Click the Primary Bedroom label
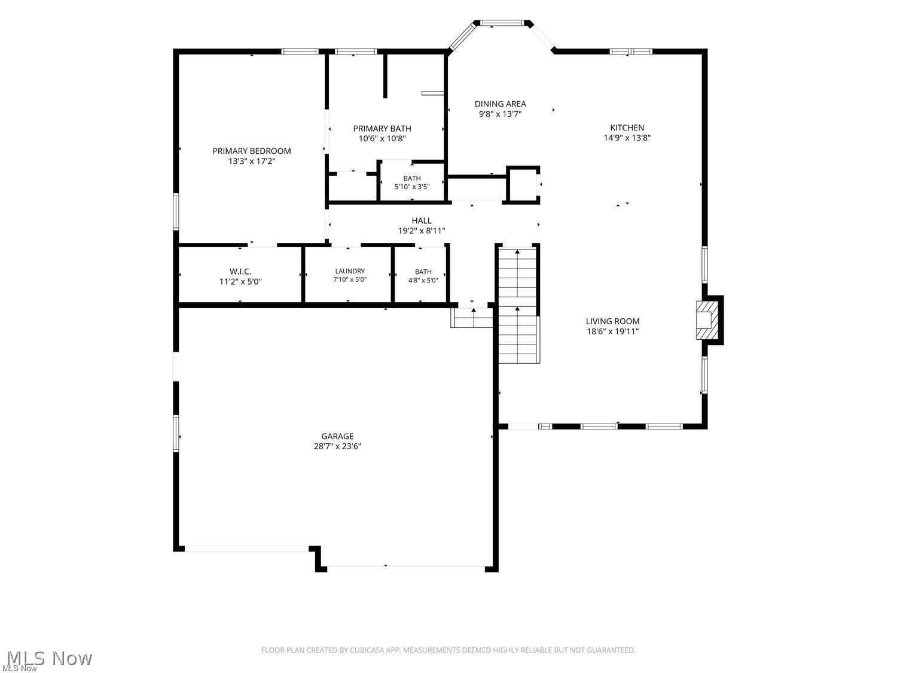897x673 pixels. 251,151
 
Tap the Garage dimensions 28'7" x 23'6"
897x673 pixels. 337,446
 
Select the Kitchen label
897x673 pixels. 627,127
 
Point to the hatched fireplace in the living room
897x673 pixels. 707,320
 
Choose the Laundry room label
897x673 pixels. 350,271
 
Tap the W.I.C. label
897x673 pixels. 240,272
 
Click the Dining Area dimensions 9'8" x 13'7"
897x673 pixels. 500,114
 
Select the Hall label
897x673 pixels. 422,221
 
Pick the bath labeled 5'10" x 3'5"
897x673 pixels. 412,182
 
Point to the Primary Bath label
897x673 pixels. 382,128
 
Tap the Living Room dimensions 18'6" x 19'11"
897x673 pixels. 612,331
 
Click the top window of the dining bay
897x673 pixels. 501,23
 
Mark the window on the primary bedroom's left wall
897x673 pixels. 176,212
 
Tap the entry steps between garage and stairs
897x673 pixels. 472,318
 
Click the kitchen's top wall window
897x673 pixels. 630,51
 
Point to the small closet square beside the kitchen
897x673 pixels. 523,184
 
